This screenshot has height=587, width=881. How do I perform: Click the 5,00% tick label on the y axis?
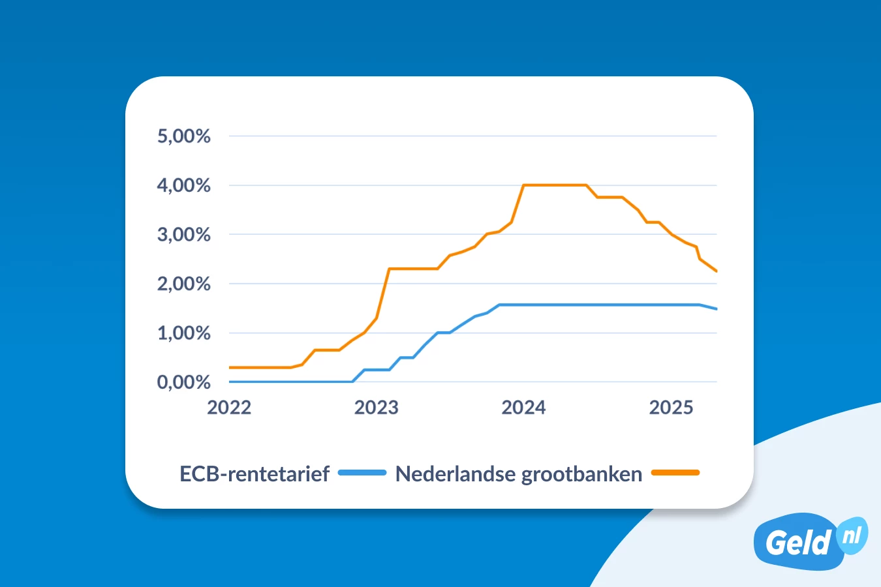(183, 136)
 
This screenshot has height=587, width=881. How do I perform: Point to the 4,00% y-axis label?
(183, 186)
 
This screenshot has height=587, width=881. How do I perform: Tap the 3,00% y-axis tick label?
(183, 235)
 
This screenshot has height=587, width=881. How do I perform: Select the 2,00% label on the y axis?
(183, 284)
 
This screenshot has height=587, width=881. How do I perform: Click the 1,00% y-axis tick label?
(183, 333)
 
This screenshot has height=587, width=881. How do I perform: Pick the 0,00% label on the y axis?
(183, 382)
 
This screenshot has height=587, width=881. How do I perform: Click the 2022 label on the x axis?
(229, 408)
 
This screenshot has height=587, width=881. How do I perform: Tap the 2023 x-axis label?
(376, 408)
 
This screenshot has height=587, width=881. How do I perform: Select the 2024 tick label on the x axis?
(523, 408)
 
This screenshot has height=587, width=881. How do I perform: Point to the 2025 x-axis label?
(671, 408)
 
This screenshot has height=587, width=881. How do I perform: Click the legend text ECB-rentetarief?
(255, 474)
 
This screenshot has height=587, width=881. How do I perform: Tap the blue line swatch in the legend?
(362, 473)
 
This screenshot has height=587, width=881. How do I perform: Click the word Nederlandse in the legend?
(456, 474)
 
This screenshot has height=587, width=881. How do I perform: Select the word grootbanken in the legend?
(582, 474)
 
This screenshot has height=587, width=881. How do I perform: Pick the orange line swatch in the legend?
(675, 473)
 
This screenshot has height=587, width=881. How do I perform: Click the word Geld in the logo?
(797, 543)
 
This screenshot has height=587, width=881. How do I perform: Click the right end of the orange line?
(717, 271)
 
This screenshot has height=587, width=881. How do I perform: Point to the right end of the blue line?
(717, 309)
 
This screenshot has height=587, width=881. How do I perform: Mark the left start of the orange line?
(230, 367)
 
